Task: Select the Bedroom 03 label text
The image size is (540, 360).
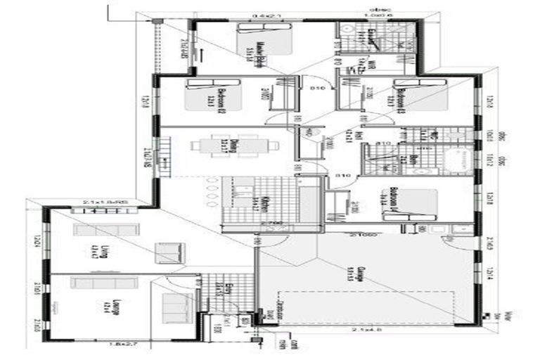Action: [x=399, y=98]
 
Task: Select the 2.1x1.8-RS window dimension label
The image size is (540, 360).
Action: [x=103, y=202]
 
